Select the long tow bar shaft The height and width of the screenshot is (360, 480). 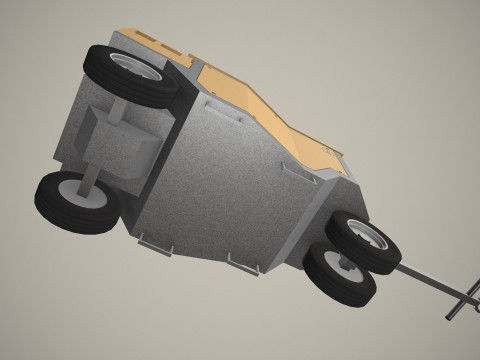(420, 275)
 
